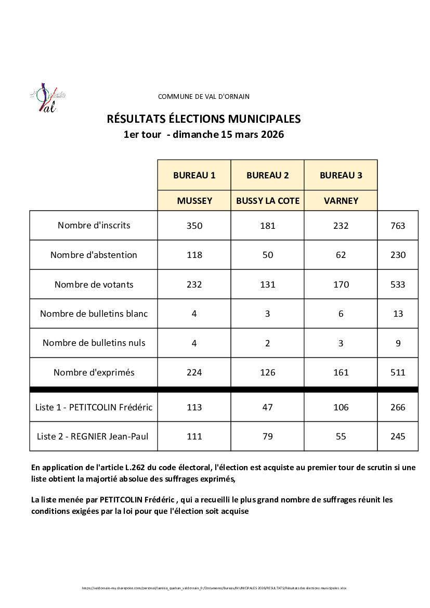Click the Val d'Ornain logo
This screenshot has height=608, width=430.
pyautogui.click(x=47, y=98)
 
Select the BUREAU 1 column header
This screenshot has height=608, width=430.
pyautogui.click(x=194, y=175)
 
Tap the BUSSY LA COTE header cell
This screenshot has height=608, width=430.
pyautogui.click(x=268, y=200)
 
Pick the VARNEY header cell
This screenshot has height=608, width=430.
pyautogui.click(x=341, y=200)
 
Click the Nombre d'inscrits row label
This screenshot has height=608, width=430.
pyautogui.click(x=94, y=225)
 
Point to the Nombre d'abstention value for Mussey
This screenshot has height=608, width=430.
pyautogui.click(x=194, y=255)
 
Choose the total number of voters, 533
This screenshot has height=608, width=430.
pyautogui.click(x=398, y=284)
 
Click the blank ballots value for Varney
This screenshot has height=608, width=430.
pyautogui.click(x=341, y=314)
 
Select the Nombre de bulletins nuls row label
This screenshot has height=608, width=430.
pyautogui.click(x=94, y=343)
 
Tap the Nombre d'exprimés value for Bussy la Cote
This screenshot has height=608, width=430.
pyautogui.click(x=268, y=372)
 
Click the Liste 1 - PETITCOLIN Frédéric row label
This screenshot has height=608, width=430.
pyautogui.click(x=94, y=407)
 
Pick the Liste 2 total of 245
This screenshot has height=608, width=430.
pyautogui.click(x=398, y=436)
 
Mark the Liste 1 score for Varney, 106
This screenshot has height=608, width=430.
pyautogui.click(x=341, y=407)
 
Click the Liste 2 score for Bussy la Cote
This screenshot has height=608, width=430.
pyautogui.click(x=268, y=436)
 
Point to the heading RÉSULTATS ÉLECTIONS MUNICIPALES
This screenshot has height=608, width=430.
pyautogui.click(x=203, y=119)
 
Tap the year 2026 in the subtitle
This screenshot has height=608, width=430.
pyautogui.click(x=272, y=135)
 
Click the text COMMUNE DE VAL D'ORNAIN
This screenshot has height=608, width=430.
pyautogui.click(x=203, y=96)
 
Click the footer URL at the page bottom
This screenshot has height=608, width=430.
pyautogui.click(x=214, y=588)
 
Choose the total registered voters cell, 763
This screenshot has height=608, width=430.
pyautogui.click(x=398, y=226)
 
